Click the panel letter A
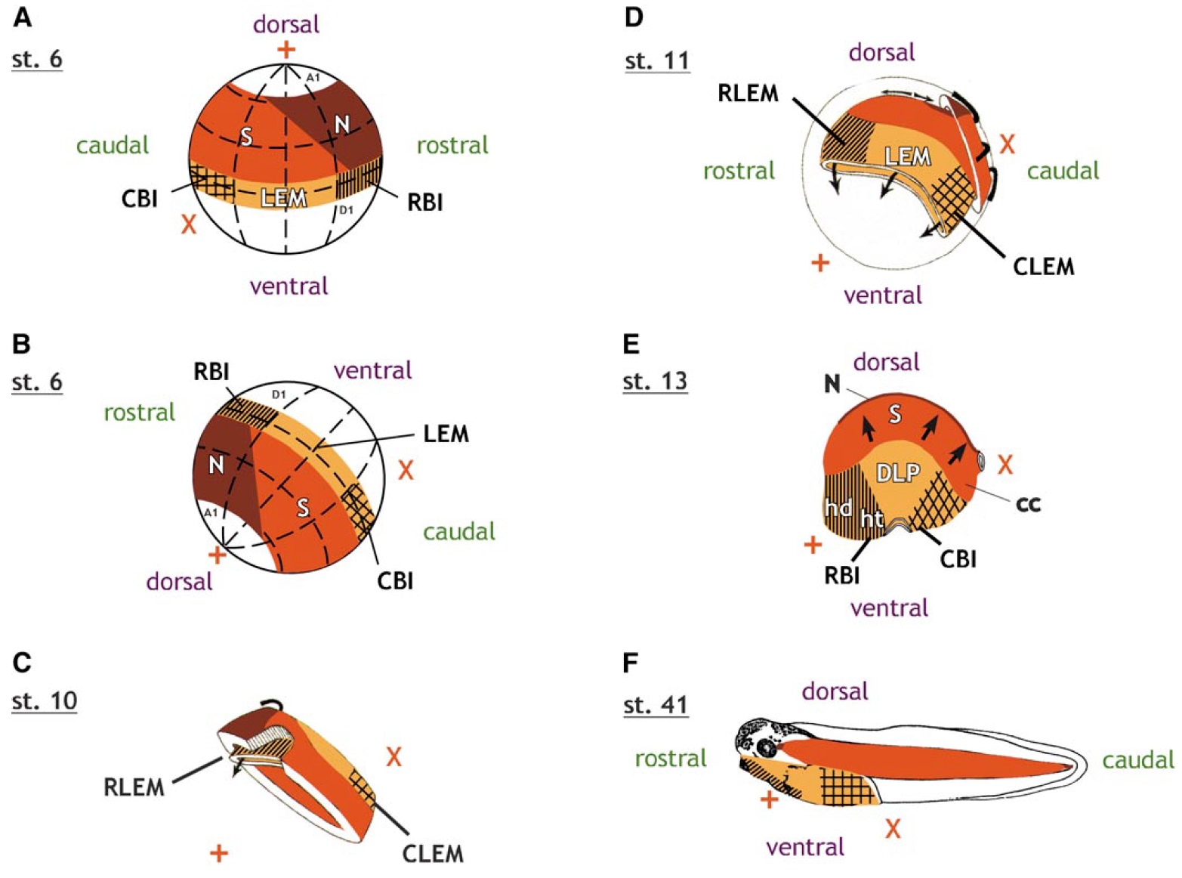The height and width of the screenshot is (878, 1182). [23, 17]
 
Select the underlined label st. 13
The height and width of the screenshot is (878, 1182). [655, 381]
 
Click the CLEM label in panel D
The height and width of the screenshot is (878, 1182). [1043, 266]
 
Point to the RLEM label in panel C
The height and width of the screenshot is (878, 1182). [134, 787]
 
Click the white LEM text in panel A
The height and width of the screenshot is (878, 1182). [283, 198]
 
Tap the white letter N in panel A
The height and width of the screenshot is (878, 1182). [342, 125]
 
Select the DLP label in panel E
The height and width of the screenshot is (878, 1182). [898, 473]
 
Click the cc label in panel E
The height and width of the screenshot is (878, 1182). [1028, 503]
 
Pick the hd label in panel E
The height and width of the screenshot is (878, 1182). [838, 508]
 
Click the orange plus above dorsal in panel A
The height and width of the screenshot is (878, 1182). [285, 50]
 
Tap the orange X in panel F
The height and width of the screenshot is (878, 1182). [893, 829]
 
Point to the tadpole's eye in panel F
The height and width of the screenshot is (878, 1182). [767, 748]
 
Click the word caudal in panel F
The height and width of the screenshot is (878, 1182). [1138, 759]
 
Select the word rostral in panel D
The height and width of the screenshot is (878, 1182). [739, 171]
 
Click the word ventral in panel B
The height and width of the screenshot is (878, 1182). [372, 369]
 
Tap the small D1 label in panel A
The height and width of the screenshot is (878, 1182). [345, 210]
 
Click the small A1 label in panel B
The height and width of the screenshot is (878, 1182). [211, 512]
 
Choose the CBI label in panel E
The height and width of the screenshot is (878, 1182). [958, 559]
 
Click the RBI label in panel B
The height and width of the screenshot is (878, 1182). [211, 372]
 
